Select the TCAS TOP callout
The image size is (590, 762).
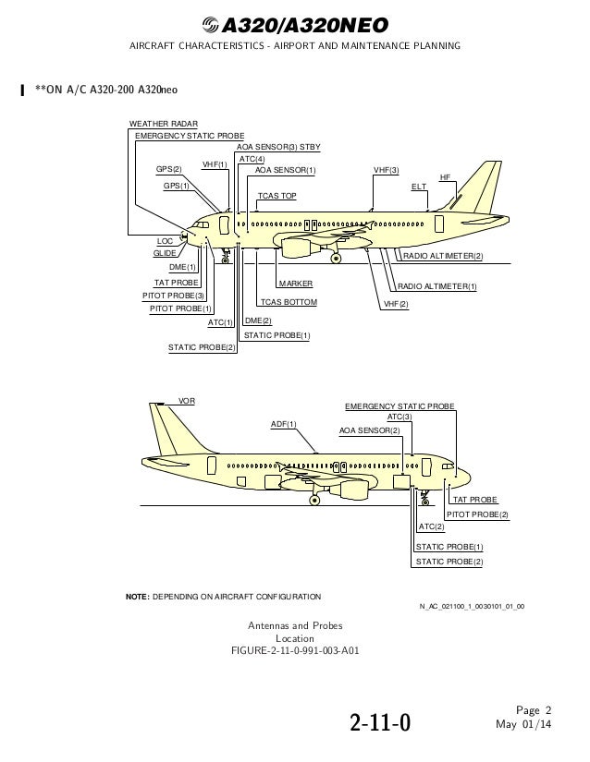pos(277,197)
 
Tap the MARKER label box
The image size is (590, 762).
pos(295,284)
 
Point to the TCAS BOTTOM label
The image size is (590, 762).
pos(288,302)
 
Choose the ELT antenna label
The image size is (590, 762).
pos(419,187)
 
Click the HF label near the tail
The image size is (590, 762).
pos(445,176)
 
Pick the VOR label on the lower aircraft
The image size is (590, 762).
pos(187,402)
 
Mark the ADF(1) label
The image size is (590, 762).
pos(284,423)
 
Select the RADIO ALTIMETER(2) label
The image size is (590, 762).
pos(442,256)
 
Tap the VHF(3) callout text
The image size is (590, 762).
pos(386,171)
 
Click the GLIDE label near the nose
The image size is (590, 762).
pos(164,253)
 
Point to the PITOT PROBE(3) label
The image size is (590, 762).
pos(174,296)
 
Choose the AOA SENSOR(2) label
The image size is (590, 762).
pos(370,430)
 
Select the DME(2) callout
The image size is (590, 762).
pos(258,321)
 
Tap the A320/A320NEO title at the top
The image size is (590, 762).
pos(294,24)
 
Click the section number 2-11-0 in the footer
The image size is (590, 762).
pos(379,720)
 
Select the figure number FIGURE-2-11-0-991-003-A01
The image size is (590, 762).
pos(295,650)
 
